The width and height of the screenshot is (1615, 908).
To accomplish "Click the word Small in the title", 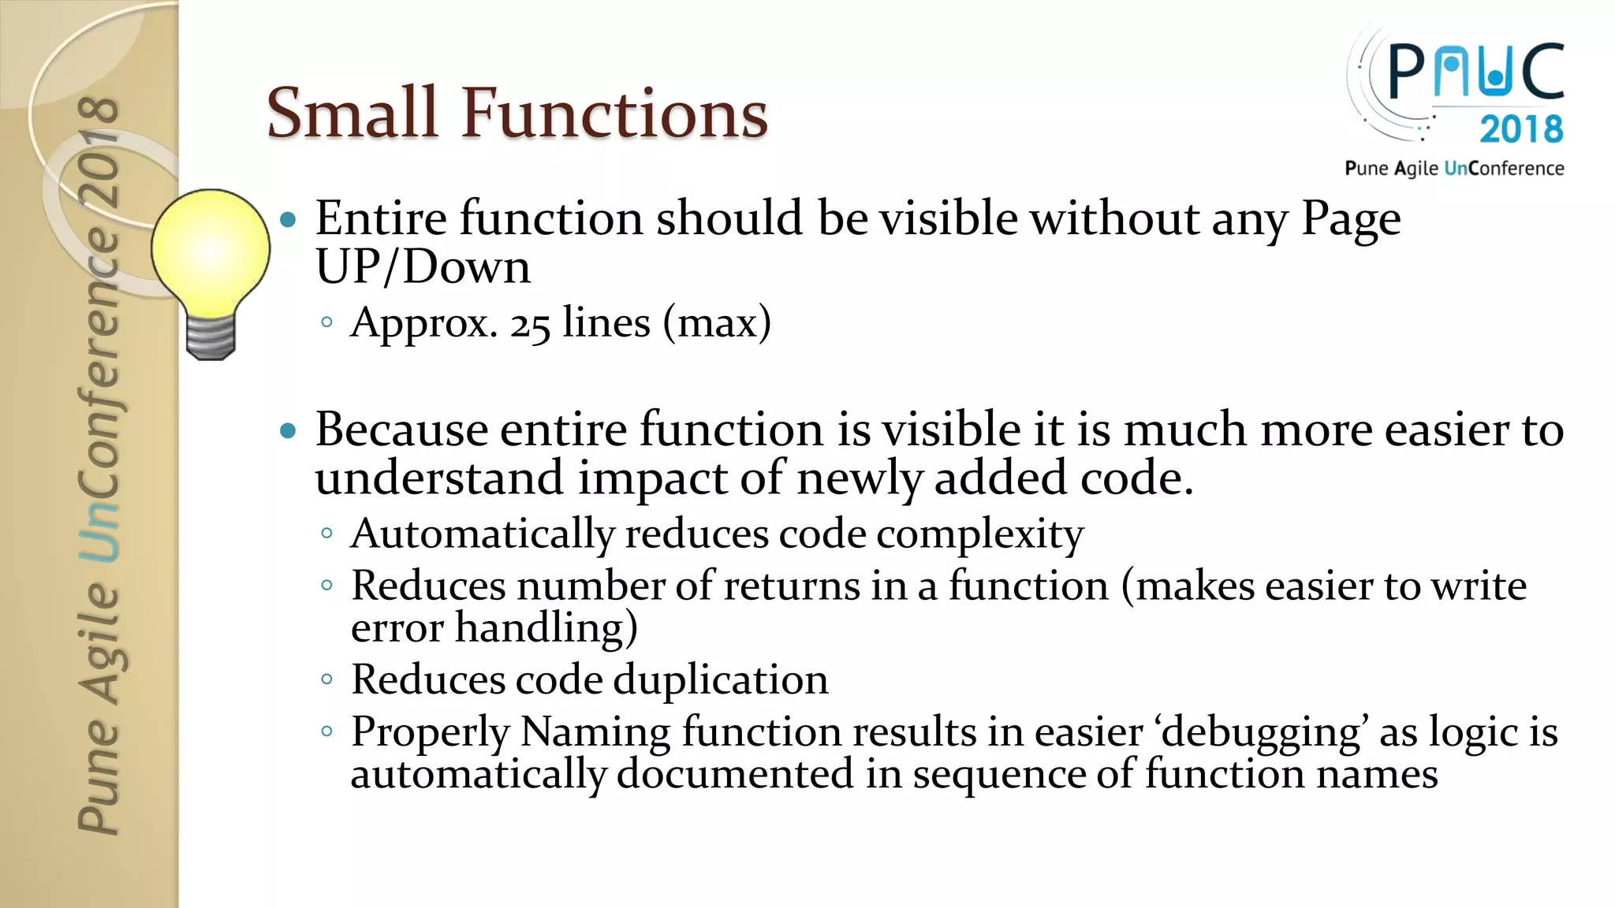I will pos(352,113).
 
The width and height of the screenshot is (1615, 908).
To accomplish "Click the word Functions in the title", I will pos(614,113).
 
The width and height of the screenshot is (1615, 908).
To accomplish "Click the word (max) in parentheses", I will pos(717,323).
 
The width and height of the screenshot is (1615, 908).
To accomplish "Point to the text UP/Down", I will pos(423,267).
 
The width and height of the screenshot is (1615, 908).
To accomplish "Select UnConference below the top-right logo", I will pos(1503,168).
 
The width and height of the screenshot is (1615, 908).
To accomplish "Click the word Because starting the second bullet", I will pos(401,430).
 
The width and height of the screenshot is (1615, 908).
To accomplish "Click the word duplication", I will pos(720,679).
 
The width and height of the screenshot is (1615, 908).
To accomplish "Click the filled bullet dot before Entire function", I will pos(289,220).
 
